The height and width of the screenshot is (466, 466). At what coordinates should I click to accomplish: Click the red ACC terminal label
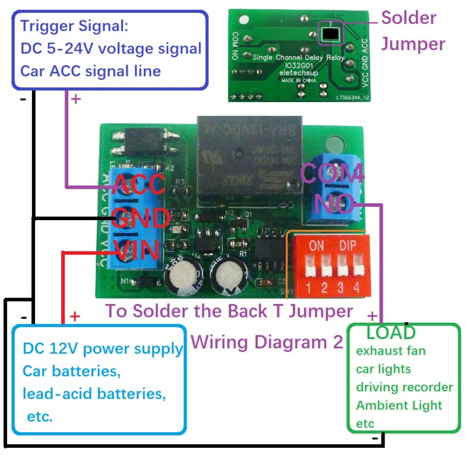coord(139,185)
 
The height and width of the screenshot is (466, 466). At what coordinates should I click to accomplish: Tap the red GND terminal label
coord(140,218)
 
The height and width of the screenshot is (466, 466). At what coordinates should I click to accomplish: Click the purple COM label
coord(332,174)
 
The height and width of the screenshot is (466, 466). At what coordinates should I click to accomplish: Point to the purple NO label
coord(334,204)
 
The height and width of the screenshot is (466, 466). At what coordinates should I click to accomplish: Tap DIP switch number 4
coord(356,267)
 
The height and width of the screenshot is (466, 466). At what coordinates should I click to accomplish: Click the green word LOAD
coord(391,333)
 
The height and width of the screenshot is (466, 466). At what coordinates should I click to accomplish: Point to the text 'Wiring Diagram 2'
coord(266,342)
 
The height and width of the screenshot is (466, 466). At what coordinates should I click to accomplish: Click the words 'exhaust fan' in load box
coord(391,351)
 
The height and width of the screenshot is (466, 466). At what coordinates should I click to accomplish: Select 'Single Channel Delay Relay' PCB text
coord(298,57)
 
